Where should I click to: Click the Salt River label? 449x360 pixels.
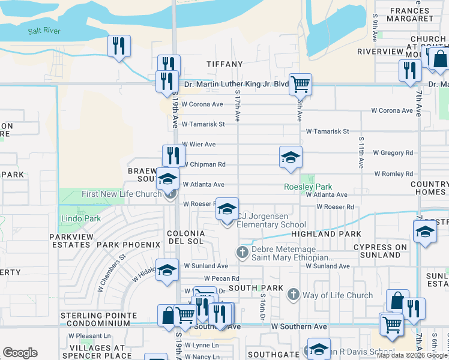44,31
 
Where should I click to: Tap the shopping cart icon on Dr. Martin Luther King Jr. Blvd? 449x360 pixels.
300,84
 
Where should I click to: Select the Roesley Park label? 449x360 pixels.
308,187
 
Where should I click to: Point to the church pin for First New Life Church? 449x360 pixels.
170,193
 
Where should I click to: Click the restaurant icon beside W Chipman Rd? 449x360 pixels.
173,155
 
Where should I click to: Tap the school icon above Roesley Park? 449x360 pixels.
291,157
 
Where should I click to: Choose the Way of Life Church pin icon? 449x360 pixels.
293,294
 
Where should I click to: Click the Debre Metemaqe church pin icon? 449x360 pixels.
243,251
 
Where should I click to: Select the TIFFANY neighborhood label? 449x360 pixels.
224,64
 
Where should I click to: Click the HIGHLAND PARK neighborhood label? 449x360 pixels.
327,234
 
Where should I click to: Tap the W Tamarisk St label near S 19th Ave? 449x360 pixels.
203,124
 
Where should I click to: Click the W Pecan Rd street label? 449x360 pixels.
221,278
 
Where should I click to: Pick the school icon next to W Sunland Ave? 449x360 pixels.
167,269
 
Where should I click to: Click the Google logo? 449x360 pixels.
20,353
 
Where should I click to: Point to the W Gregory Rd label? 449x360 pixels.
393,153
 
